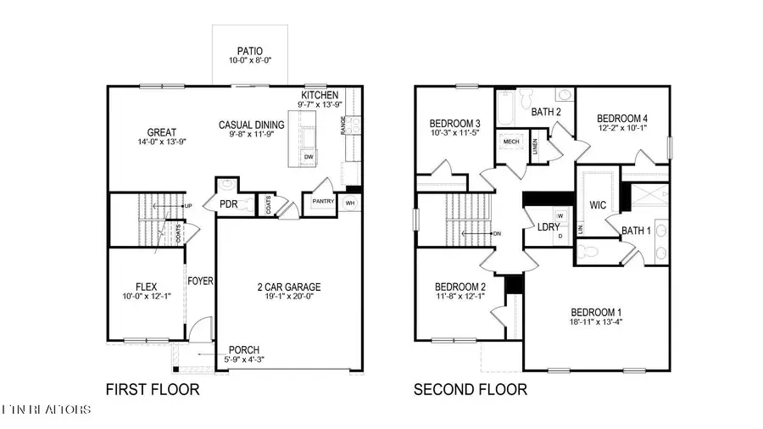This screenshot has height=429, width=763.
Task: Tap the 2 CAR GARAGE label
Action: (x=288, y=287)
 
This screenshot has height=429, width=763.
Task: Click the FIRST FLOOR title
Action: (x=153, y=390)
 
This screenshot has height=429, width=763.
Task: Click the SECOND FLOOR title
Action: (x=470, y=390)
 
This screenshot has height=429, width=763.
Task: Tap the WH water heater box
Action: (x=350, y=203)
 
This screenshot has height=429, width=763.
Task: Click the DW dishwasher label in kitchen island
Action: (x=309, y=157)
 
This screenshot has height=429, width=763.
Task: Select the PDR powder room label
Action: (x=229, y=204)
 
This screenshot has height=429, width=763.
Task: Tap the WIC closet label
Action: (x=598, y=204)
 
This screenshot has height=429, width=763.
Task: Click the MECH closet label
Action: (x=511, y=142)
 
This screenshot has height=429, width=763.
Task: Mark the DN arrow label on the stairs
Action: (x=497, y=233)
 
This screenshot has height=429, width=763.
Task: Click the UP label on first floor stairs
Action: (x=187, y=206)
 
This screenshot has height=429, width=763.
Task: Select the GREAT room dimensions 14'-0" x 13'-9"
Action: (x=162, y=142)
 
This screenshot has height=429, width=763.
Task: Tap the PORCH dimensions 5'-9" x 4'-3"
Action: (x=243, y=360)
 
